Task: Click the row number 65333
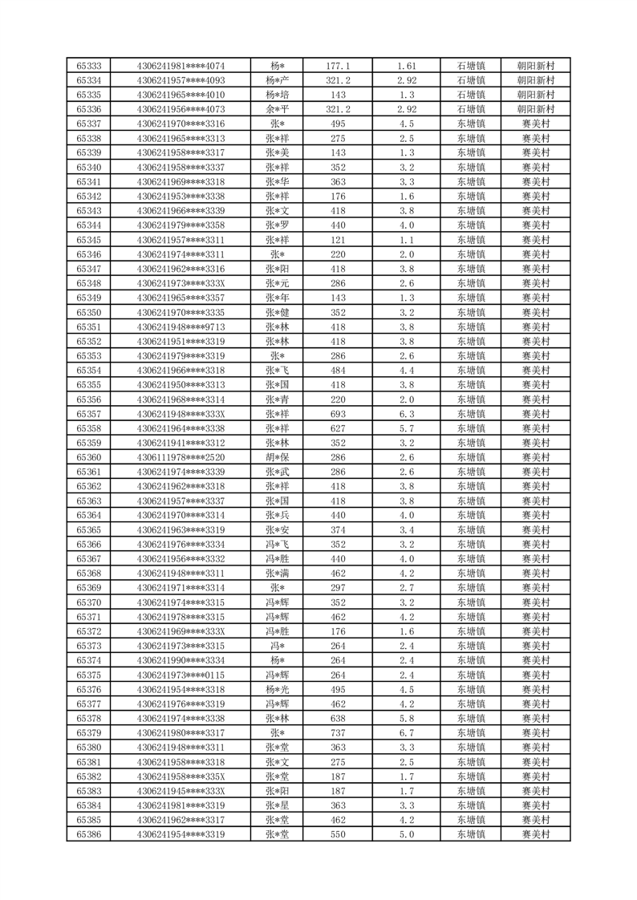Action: (x=88, y=66)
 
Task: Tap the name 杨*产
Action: (x=277, y=80)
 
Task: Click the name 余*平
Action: (x=277, y=109)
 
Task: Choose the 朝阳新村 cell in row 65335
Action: (x=535, y=95)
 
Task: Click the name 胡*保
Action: (x=277, y=457)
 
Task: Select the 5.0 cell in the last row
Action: (x=406, y=834)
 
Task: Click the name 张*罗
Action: (x=277, y=225)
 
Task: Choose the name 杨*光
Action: (x=277, y=690)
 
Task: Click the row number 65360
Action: (x=88, y=457)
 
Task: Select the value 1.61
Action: (x=406, y=66)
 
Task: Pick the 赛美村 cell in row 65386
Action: (x=535, y=834)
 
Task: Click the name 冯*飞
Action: (x=277, y=545)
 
